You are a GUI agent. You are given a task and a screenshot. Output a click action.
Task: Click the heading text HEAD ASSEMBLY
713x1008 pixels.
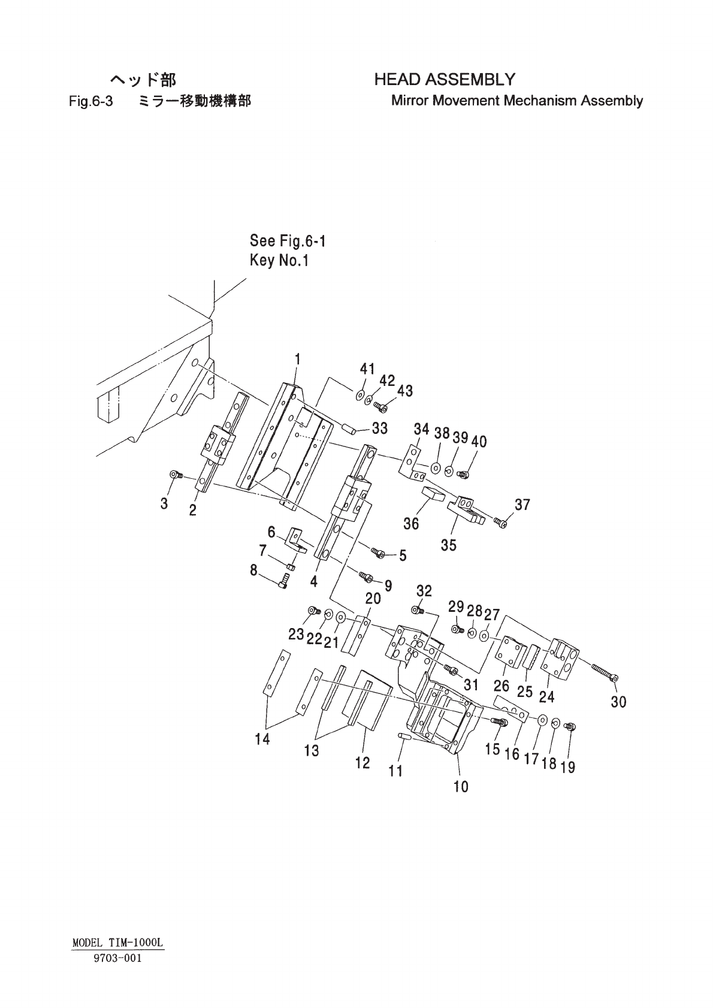pos(445,80)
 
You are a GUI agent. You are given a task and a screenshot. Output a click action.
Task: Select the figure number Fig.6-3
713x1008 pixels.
pos(91,101)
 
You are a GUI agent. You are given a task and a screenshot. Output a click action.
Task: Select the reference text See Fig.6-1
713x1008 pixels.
pos(288,241)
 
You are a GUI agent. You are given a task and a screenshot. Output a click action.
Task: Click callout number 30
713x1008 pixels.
pos(618,702)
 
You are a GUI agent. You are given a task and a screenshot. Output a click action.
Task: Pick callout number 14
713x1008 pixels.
pos(262,739)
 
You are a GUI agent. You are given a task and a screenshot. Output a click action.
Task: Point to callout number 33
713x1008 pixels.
pos(380,428)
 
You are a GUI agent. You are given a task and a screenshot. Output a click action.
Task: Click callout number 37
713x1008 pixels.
pos(522,505)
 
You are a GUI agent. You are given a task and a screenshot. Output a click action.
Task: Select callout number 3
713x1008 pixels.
pos(164,503)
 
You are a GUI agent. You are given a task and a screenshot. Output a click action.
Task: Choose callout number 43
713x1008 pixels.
pos(405,391)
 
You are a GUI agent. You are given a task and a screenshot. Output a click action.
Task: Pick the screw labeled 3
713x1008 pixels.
pos(176,474)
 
